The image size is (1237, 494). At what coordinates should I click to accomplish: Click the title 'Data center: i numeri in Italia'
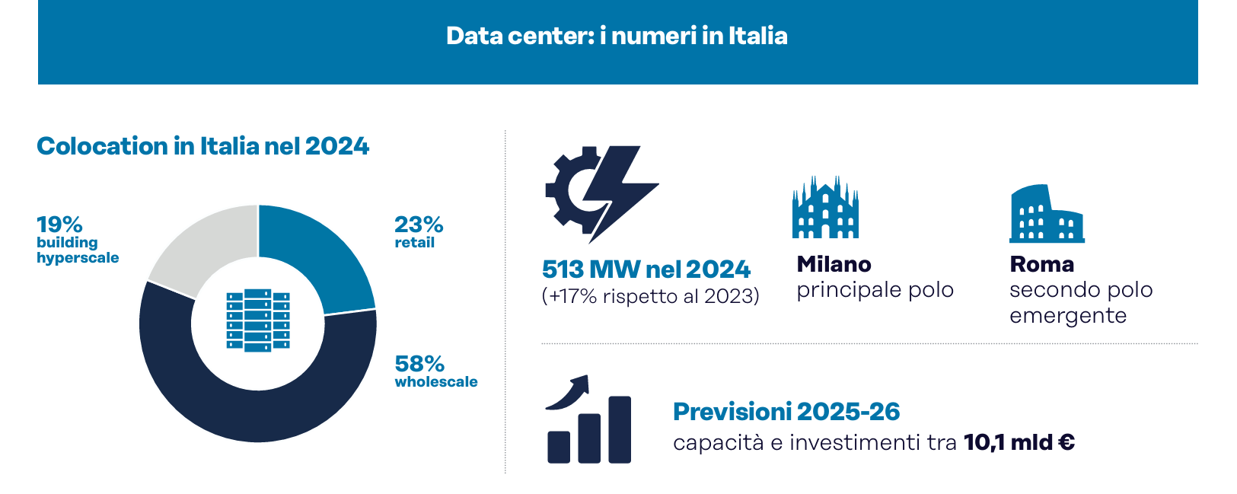coord(617,36)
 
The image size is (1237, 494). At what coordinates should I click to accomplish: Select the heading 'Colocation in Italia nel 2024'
coord(202,146)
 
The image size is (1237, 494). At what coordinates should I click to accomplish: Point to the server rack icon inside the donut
coord(258,320)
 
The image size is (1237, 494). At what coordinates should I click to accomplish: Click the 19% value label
coord(59,225)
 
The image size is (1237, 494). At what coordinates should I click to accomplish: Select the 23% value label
coord(419,225)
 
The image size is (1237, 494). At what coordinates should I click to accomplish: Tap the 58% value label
coord(419,363)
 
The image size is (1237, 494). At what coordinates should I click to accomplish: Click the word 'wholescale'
coord(436,382)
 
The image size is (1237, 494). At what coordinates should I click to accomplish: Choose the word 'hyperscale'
coord(78,258)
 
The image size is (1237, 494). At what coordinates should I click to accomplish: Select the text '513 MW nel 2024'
coord(646,269)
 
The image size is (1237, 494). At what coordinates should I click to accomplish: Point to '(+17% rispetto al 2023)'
coord(650,296)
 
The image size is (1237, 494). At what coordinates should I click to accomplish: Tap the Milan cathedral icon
coord(825,209)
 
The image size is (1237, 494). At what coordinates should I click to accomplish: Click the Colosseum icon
coord(1046,215)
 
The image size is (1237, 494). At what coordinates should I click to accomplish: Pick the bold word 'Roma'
coord(1041,264)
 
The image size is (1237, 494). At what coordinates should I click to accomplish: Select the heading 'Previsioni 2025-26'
coord(786,412)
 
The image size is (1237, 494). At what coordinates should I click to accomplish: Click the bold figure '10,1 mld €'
coord(1019,442)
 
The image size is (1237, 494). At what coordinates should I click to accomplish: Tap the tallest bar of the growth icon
coord(620,429)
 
